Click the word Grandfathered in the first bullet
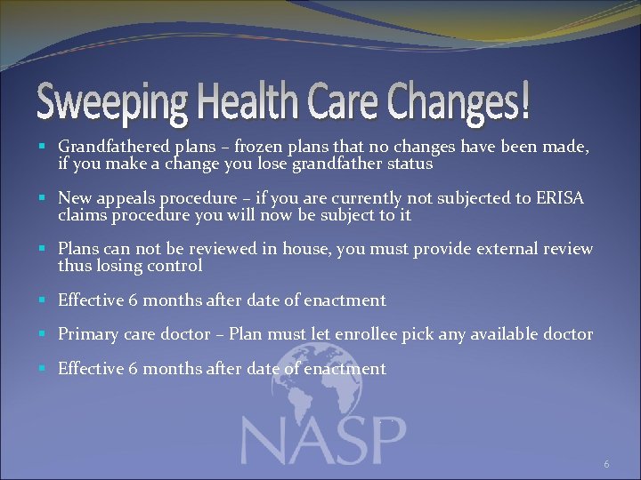pos(114,146)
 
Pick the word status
pos(408,164)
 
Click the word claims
pos(81,216)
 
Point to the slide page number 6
pos(606,465)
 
